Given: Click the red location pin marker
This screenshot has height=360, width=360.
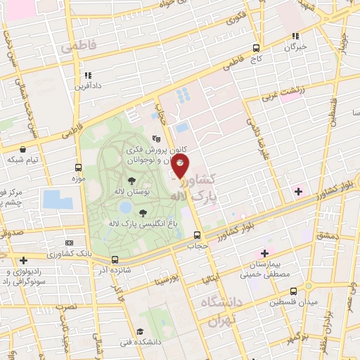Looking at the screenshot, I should pos(181,167).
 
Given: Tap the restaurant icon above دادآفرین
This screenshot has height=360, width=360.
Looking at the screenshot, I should pos(88,75).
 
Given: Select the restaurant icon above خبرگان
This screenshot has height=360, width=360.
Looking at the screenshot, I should pos(296,36).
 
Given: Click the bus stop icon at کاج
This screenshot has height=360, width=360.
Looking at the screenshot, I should pos(257,49).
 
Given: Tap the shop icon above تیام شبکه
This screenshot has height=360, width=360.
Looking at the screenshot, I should pos(24,149).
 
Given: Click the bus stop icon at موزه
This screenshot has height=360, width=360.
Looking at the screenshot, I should pos(78,168).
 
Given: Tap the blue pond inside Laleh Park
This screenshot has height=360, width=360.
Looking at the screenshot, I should pos(125,207).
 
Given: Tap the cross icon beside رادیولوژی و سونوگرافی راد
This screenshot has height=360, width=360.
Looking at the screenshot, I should pos(25,260).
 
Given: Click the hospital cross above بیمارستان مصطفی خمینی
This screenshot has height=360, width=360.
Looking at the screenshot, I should pos(264,253).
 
